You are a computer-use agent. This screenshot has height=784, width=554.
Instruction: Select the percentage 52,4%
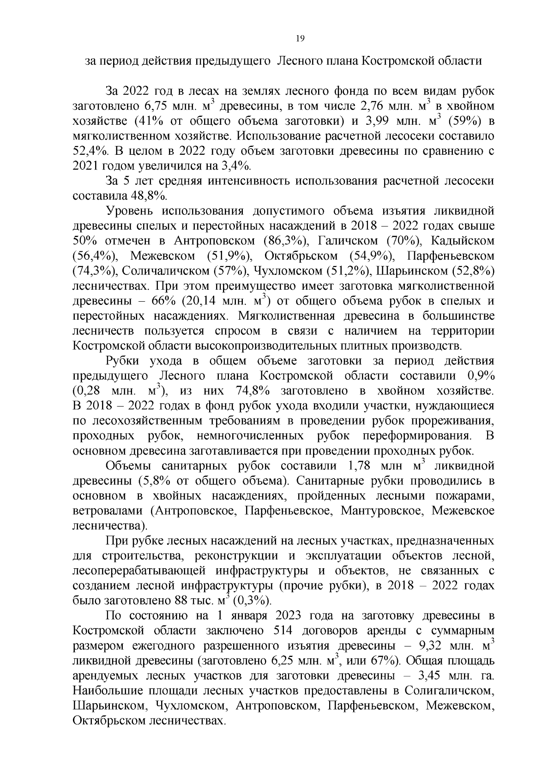pos(89,151)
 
